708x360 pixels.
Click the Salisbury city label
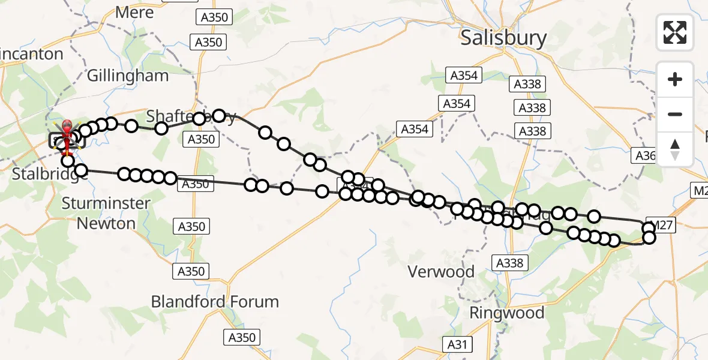[x=503, y=38]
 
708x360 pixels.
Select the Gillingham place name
[x=127, y=76]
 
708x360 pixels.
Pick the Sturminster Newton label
[x=106, y=213]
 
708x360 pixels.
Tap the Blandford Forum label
[x=215, y=301]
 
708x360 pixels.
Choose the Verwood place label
[x=441, y=272]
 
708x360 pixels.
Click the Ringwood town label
[x=506, y=313]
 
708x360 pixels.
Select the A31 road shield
[x=457, y=344]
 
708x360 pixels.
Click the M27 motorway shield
[x=662, y=225]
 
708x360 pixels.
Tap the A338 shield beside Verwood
[x=510, y=262]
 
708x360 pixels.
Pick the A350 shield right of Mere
[x=214, y=17]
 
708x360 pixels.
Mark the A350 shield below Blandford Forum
[x=242, y=337]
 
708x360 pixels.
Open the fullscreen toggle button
[x=675, y=32]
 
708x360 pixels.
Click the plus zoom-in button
[x=675, y=79]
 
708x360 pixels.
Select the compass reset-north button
[x=675, y=149]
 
